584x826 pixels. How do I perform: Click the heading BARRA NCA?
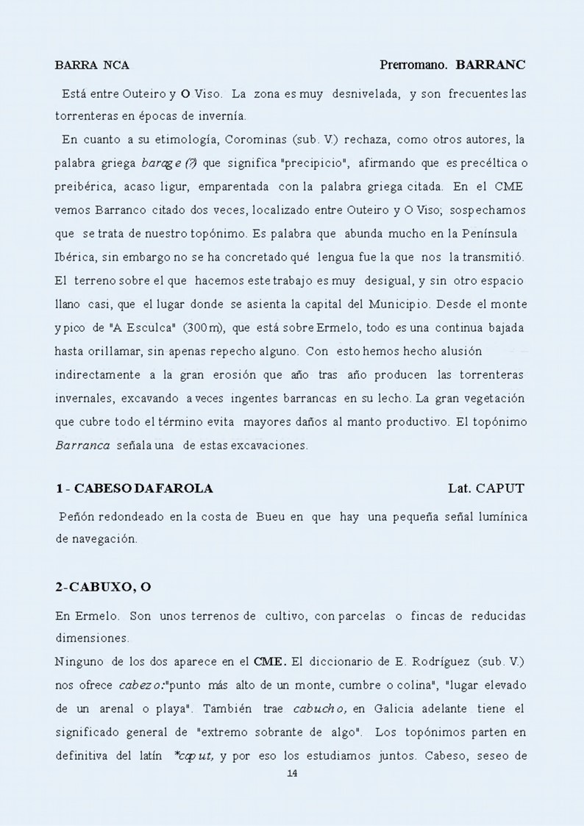click(x=92, y=65)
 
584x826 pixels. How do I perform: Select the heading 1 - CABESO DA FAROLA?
click(x=134, y=488)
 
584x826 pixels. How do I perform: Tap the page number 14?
click(x=291, y=773)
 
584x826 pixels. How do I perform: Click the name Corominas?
click(x=255, y=139)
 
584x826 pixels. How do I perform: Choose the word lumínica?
click(x=501, y=517)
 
